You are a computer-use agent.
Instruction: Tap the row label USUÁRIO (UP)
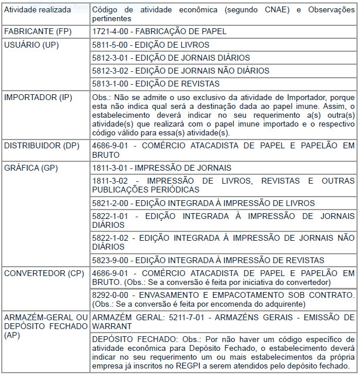click(32, 45)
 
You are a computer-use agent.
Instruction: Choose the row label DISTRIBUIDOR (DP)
click(42, 145)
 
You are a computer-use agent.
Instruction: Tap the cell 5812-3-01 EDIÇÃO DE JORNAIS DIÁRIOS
click(171, 58)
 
